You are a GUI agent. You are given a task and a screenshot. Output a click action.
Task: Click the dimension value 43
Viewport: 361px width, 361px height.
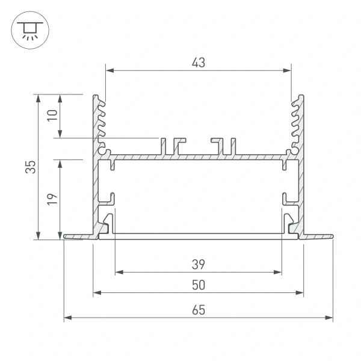pos(198,63)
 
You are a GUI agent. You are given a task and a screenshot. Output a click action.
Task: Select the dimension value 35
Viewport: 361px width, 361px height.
pos(31,167)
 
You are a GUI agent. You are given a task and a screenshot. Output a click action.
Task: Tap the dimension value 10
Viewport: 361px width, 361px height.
pos(52,116)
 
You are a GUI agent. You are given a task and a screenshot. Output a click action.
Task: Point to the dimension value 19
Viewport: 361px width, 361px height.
pos(52,199)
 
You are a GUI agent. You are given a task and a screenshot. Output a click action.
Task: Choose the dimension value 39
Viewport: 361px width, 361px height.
pos(198,265)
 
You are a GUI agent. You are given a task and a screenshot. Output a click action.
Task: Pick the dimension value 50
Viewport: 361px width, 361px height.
pos(199,285)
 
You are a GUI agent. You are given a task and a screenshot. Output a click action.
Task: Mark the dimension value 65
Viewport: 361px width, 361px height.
pos(199,310)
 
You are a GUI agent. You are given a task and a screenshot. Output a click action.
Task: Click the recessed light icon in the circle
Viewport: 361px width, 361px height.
pos(30,31)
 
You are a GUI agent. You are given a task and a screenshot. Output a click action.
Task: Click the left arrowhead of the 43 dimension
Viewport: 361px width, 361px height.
pos(110,70)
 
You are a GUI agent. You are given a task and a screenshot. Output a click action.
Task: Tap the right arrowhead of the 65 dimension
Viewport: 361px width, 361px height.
pos(329,318)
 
